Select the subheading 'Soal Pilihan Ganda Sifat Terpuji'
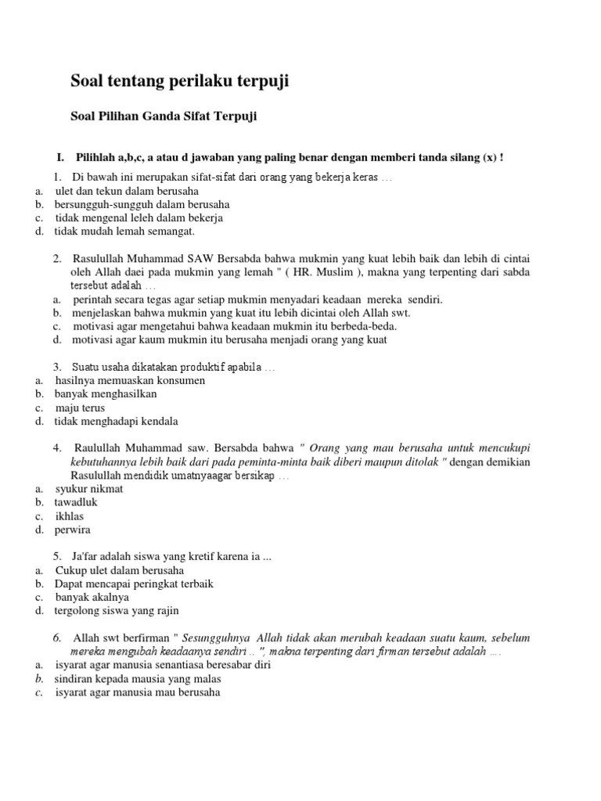click(164, 117)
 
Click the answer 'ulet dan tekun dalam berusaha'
click(126, 191)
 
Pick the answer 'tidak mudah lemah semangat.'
click(124, 232)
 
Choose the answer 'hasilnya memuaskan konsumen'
click(130, 381)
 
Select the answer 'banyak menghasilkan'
click(106, 394)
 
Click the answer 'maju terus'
click(80, 408)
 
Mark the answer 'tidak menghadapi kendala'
click(116, 422)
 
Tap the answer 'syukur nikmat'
click(89, 489)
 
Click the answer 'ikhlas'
click(70, 516)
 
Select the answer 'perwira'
click(73, 530)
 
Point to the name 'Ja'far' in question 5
click(87, 556)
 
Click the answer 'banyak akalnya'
click(92, 598)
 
